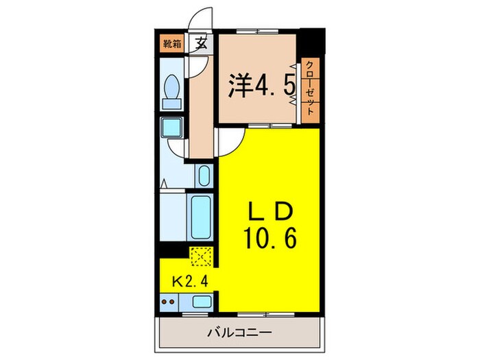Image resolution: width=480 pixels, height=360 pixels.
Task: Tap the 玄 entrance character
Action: (201, 45)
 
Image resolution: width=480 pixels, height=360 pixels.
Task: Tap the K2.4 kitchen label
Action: (187, 280)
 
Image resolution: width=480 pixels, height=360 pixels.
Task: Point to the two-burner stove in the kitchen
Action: (169, 300)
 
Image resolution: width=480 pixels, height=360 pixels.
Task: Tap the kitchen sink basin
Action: (202, 300)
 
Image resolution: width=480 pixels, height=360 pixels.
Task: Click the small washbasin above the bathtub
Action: (203, 177)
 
